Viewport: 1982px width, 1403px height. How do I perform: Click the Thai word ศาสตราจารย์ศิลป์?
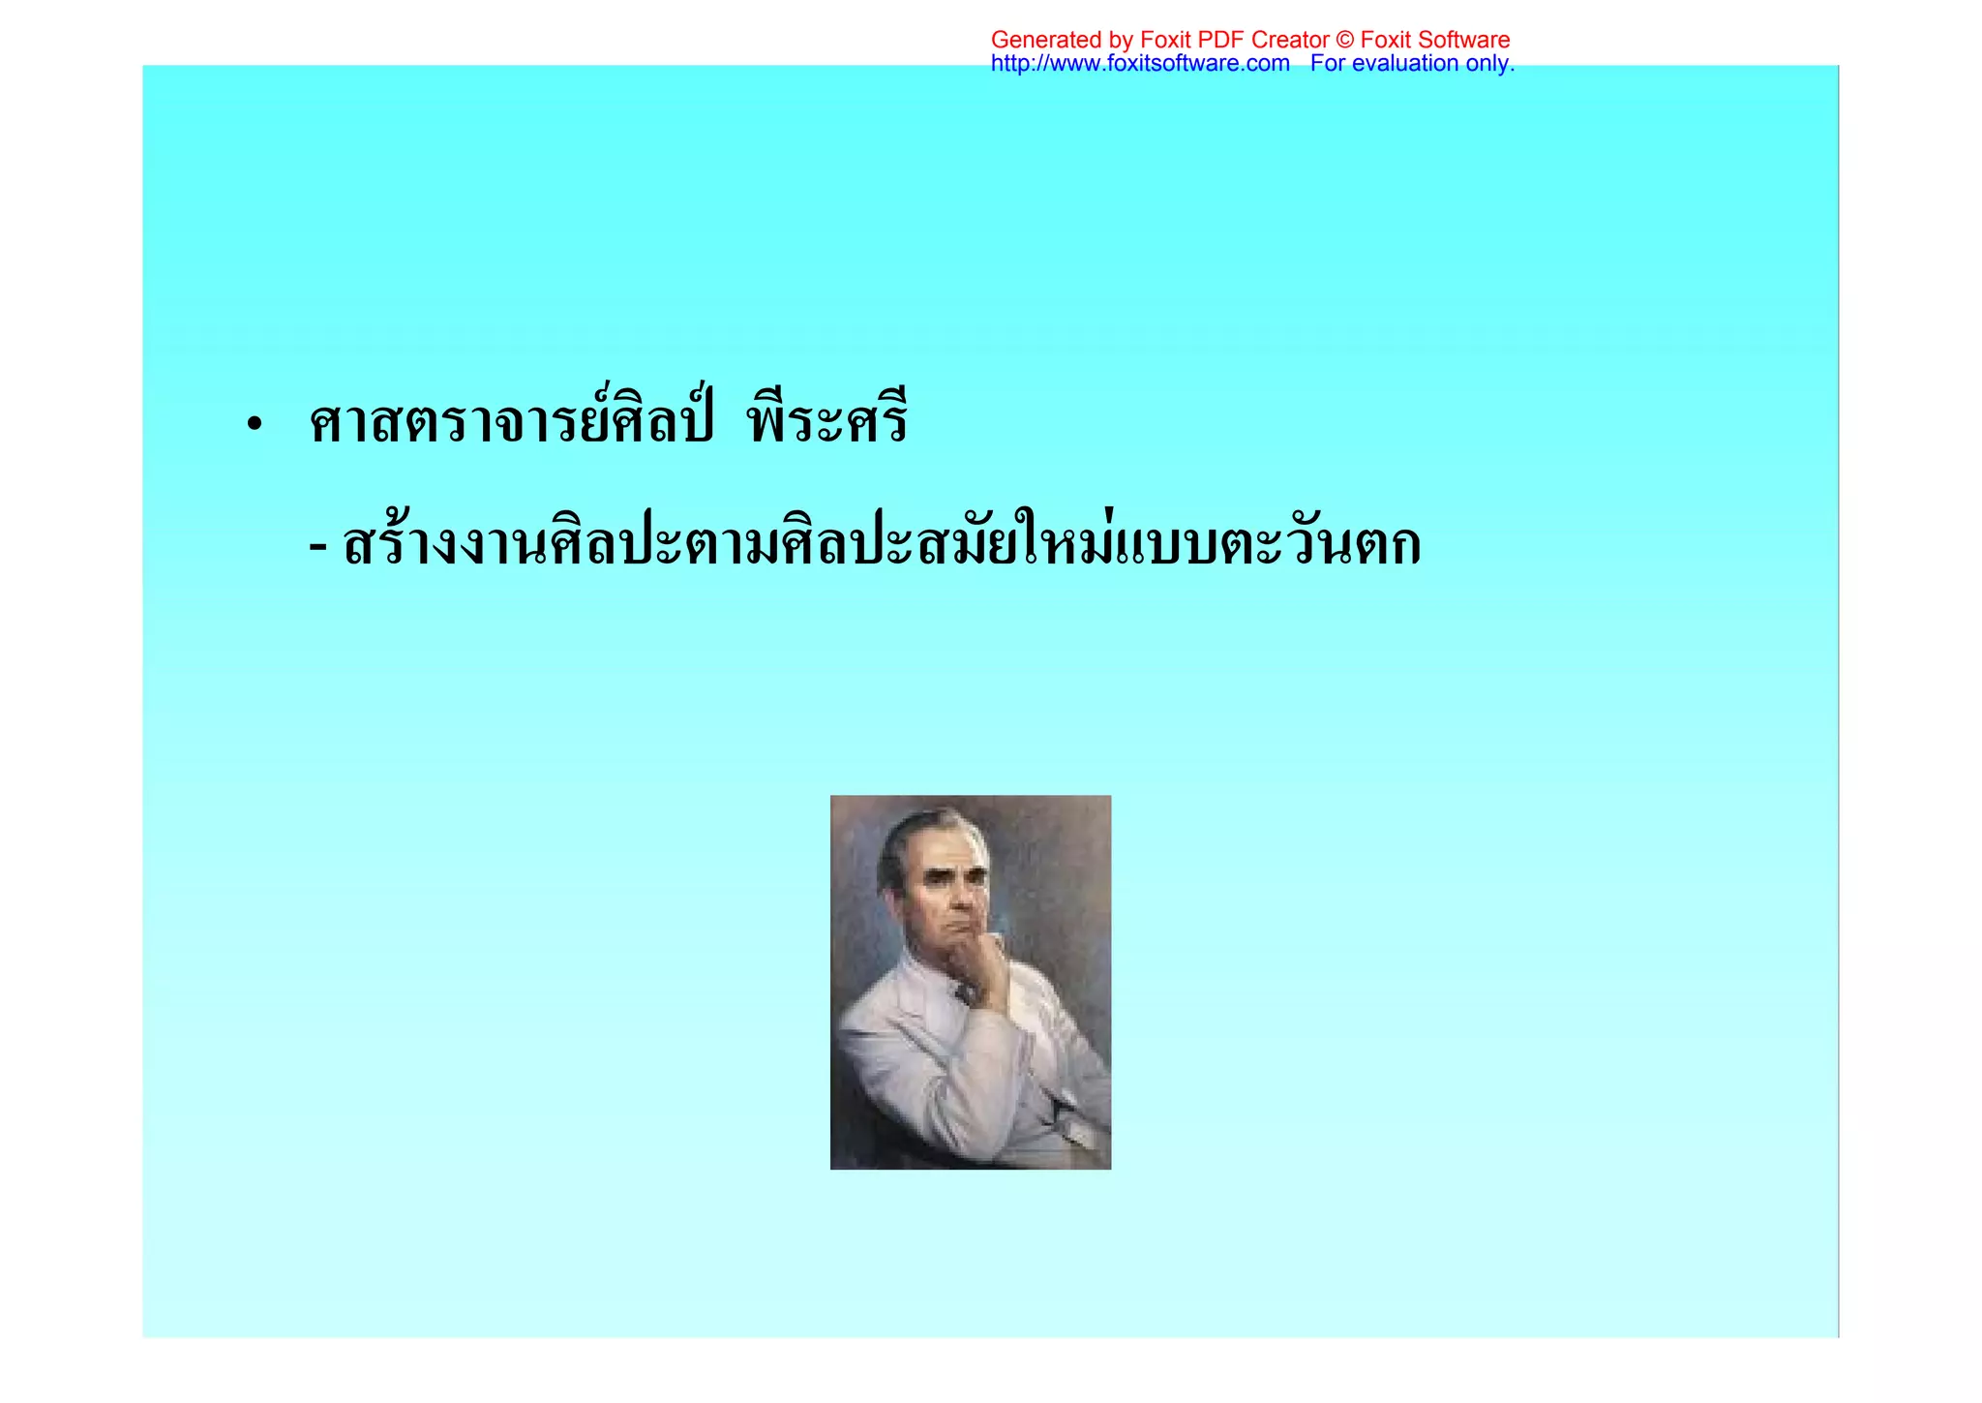(511, 422)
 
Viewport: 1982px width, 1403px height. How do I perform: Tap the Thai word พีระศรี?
(827, 422)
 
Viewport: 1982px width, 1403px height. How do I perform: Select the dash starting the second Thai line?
(317, 548)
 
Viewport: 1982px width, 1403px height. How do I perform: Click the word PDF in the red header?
(1221, 40)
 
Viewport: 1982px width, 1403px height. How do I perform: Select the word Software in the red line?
(1464, 40)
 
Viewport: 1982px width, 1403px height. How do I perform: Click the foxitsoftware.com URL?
(1140, 64)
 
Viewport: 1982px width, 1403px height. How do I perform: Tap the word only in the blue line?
(1489, 64)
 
